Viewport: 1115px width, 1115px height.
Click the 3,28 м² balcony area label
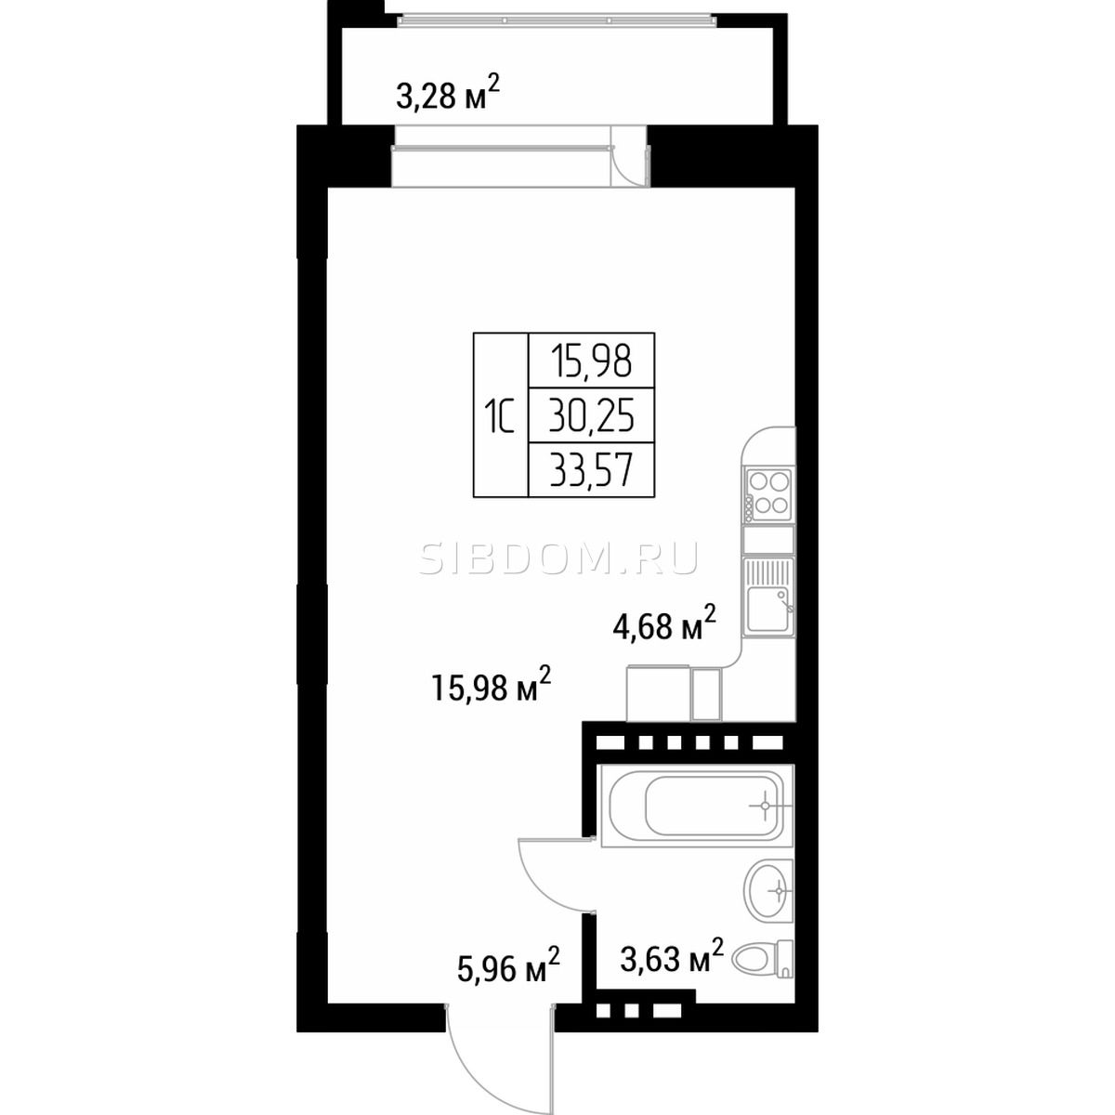coord(447,94)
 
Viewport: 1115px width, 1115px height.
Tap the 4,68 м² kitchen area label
coord(665,623)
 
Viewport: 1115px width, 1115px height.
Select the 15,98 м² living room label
coord(492,685)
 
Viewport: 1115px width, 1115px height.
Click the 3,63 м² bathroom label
coord(672,957)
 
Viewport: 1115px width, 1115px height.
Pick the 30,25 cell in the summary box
coord(591,415)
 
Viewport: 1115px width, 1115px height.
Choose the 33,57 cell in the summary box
coord(591,469)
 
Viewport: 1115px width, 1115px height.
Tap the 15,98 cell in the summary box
coord(591,361)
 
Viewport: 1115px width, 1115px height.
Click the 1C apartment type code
coord(499,416)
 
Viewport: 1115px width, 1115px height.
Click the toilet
coord(763,958)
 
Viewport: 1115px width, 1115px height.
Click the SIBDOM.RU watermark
coord(559,559)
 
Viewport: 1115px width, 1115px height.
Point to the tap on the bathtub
coord(767,806)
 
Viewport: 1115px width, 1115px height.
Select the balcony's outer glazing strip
coord(557,20)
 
